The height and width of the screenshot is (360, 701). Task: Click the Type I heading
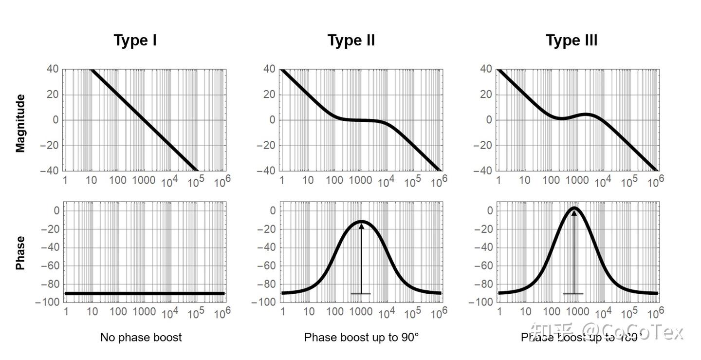click(x=135, y=40)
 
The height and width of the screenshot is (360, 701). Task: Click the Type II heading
click(x=351, y=40)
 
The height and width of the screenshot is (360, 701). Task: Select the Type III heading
click(x=572, y=40)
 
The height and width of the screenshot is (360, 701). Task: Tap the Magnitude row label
click(x=20, y=124)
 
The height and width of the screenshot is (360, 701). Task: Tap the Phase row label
click(x=20, y=253)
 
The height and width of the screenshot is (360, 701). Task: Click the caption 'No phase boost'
click(x=141, y=337)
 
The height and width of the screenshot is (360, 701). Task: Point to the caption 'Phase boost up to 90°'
click(x=361, y=337)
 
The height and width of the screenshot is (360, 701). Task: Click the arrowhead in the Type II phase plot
click(x=361, y=226)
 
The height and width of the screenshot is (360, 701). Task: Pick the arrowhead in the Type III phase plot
click(x=573, y=213)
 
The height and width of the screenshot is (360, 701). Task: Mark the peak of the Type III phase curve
click(x=574, y=208)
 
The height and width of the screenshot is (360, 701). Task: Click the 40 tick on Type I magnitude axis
click(x=53, y=69)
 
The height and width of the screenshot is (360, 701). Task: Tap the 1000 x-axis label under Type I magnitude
click(x=145, y=181)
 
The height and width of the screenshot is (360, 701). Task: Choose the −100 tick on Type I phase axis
click(x=48, y=302)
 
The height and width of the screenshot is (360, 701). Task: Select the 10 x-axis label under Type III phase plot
click(x=525, y=312)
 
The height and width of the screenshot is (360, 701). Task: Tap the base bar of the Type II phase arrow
click(x=361, y=294)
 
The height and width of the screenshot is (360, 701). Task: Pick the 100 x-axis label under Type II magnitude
click(x=334, y=181)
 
